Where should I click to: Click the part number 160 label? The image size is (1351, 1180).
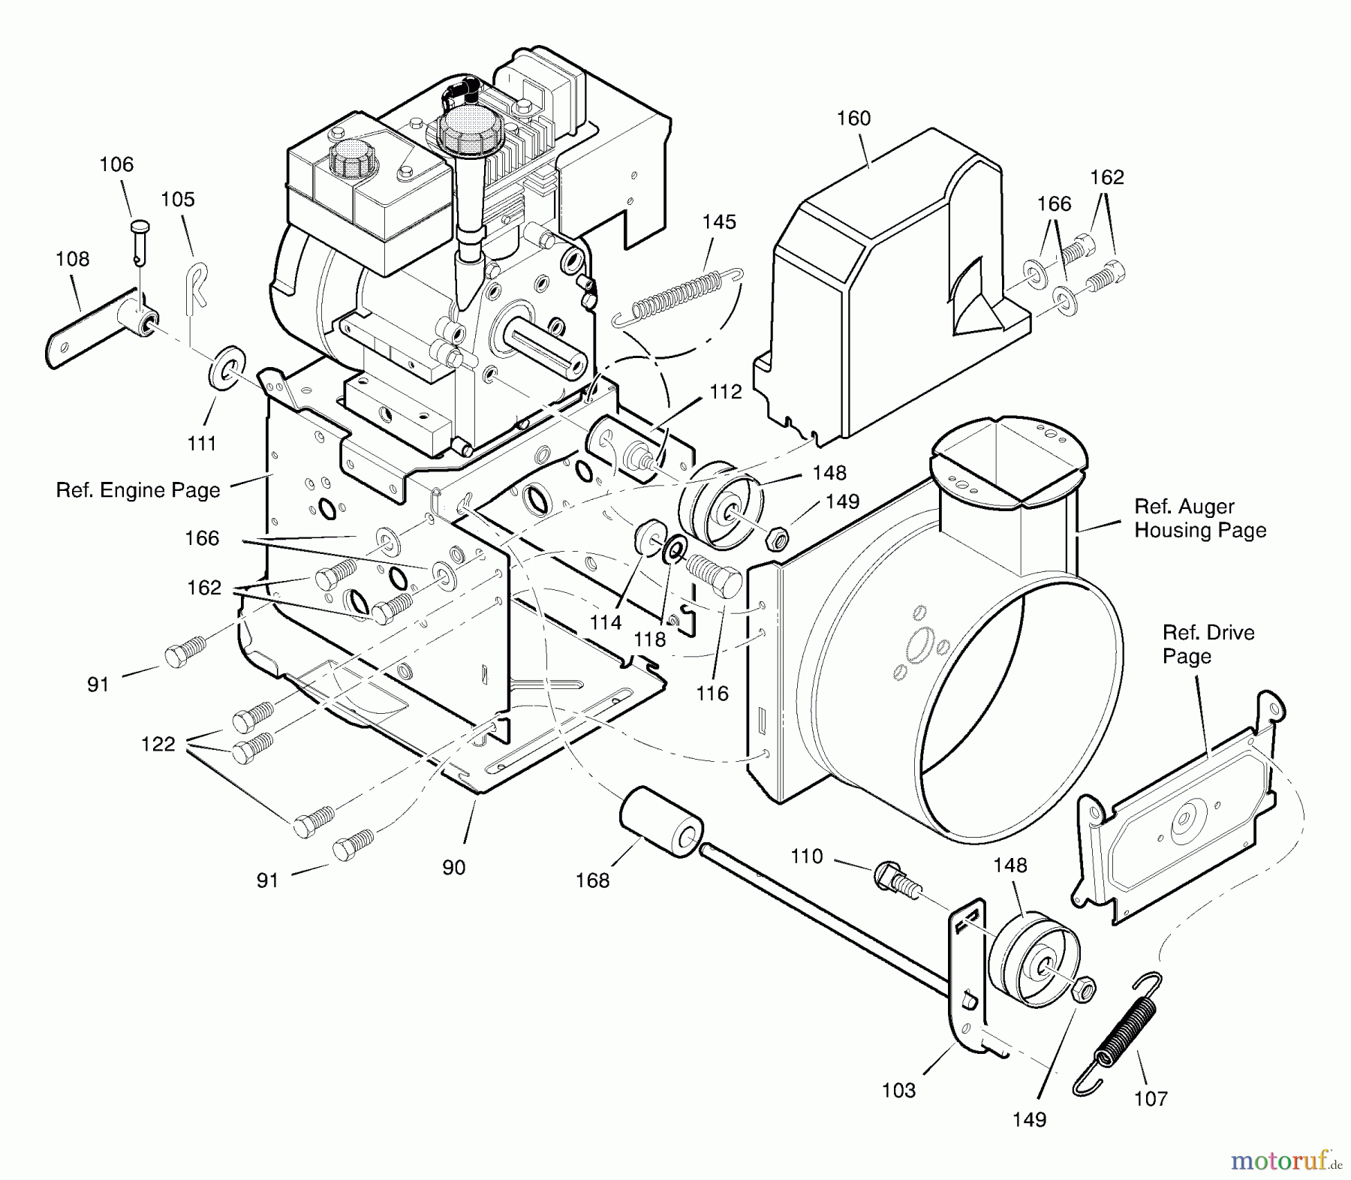pyautogui.click(x=853, y=118)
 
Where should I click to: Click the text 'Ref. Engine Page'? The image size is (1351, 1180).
pyautogui.click(x=138, y=490)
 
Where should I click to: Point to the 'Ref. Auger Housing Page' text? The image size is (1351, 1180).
pyautogui.click(x=1199, y=518)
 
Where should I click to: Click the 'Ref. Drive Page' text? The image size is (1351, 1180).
pyautogui.click(x=1208, y=644)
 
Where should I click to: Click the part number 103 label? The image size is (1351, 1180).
pyautogui.click(x=898, y=1090)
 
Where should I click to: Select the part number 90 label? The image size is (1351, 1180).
pyautogui.click(x=453, y=867)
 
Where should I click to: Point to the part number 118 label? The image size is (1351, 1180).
pyautogui.click(x=649, y=639)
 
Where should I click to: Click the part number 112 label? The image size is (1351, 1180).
pyautogui.click(x=725, y=391)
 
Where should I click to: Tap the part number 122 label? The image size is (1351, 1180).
pyautogui.click(x=158, y=744)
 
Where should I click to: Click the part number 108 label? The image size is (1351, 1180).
pyautogui.click(x=72, y=259)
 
